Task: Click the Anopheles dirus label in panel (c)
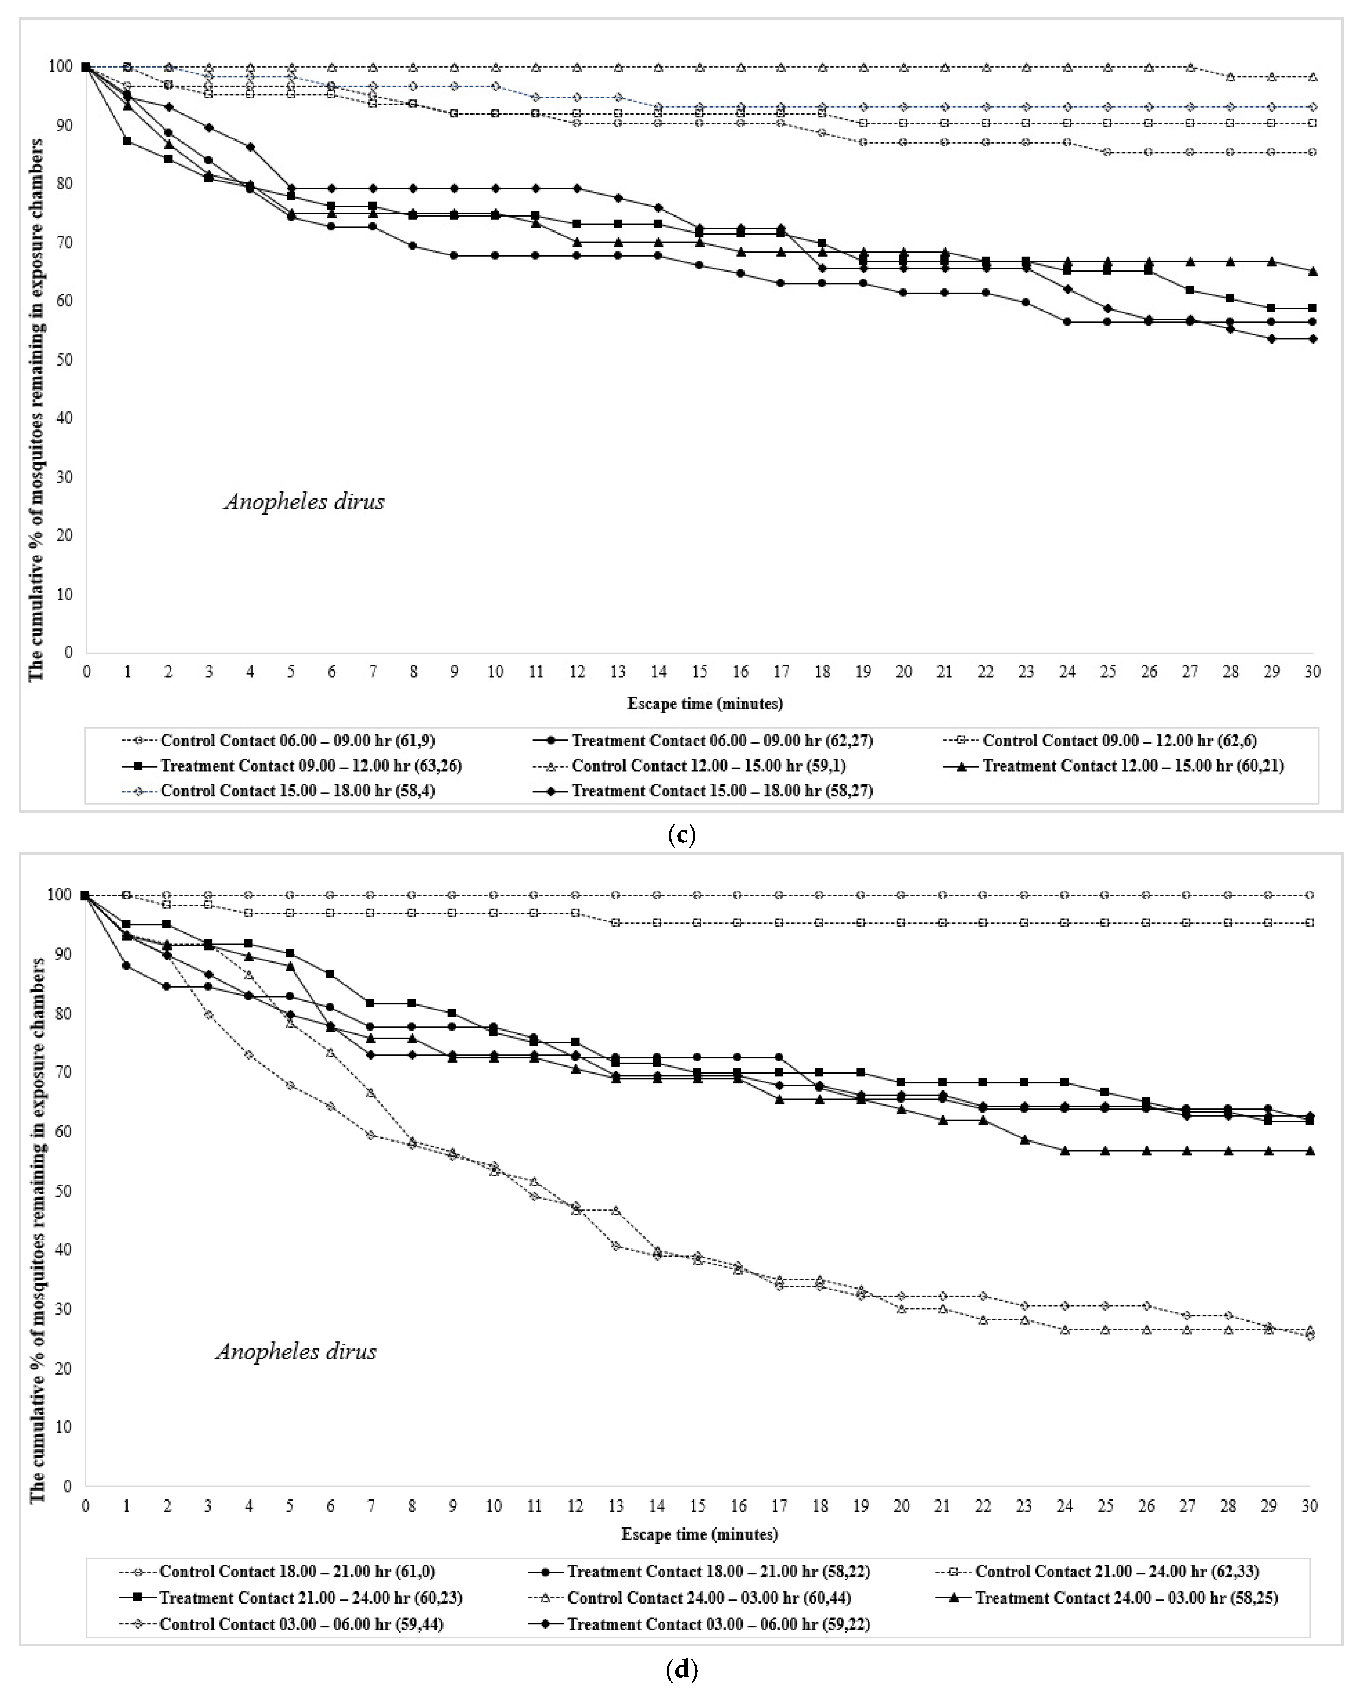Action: pos(304,501)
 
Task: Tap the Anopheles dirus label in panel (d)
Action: pos(296,1351)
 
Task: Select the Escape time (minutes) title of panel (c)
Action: pos(705,704)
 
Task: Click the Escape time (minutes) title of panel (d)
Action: pos(699,1534)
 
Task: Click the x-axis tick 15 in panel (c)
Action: pos(699,671)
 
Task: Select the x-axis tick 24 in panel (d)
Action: pos(1065,1506)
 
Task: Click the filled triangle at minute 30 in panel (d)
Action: pos(1310,1151)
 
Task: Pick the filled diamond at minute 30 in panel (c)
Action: pos(1313,338)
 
